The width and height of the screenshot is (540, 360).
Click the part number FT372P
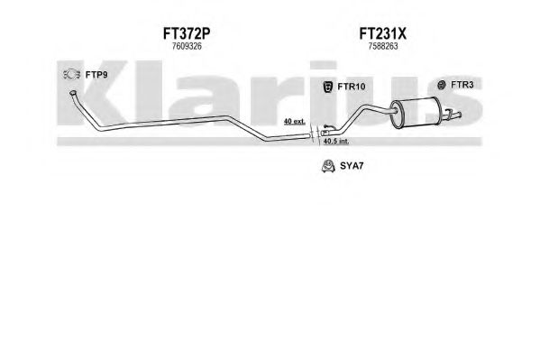pos(187,33)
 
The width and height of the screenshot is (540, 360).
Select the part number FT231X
pos(382,33)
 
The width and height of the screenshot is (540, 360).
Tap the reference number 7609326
pos(187,46)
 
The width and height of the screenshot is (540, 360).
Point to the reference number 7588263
pos(383,46)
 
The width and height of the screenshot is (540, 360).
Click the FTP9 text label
pos(96,75)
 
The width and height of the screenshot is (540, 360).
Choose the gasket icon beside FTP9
pos(71,74)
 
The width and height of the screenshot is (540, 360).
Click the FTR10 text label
pos(352,87)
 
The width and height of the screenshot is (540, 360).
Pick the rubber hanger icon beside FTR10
pos(327,87)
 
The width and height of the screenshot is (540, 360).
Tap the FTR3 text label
pos(462,85)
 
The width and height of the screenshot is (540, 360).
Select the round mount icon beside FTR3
pos(442,85)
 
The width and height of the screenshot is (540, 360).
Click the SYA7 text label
pos(352,166)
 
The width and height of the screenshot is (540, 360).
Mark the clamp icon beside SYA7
pos(328,166)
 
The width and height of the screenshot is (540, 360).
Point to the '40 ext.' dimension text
pos(295,122)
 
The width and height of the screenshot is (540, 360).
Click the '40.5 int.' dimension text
pos(336,141)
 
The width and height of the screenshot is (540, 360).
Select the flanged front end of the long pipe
pos(73,93)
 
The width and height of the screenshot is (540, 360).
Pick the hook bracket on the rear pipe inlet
pos(328,127)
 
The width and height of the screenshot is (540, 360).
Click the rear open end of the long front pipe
pos(308,136)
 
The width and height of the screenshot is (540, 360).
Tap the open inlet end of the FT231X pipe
pos(324,133)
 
